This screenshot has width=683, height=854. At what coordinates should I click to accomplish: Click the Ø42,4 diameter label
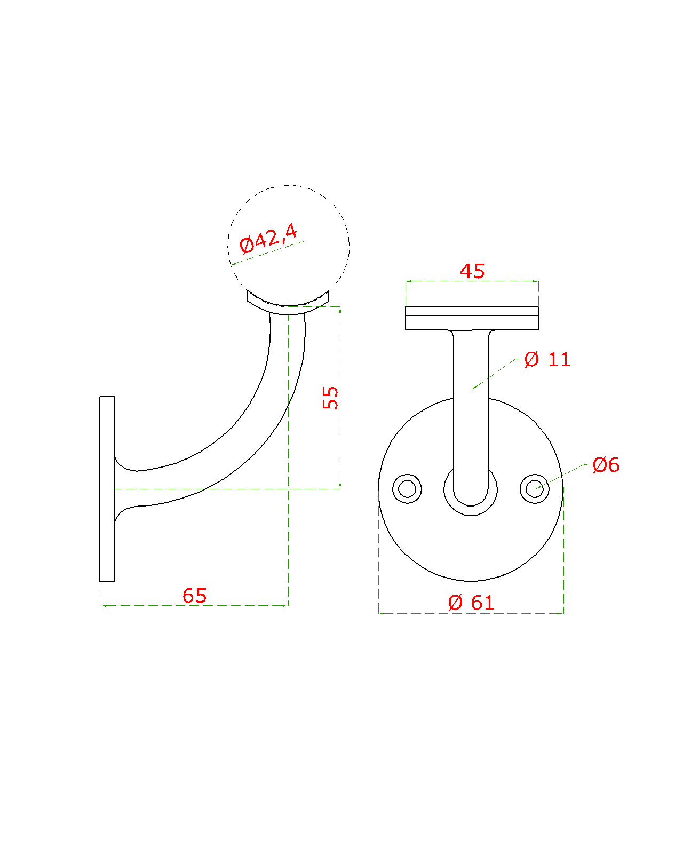pyautogui.click(x=268, y=239)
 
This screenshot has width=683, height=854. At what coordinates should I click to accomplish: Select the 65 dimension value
pyautogui.click(x=194, y=596)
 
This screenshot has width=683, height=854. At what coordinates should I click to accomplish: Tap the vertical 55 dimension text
pyautogui.click(x=331, y=398)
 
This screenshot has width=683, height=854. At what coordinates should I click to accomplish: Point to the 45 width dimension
pyautogui.click(x=472, y=271)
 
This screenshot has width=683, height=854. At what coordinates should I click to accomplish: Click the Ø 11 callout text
pyautogui.click(x=547, y=359)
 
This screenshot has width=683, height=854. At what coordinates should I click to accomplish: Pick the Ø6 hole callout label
pyautogui.click(x=606, y=465)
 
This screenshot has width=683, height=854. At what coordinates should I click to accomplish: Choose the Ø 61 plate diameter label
pyautogui.click(x=471, y=603)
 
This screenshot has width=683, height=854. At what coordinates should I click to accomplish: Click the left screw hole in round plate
pyautogui.click(x=407, y=488)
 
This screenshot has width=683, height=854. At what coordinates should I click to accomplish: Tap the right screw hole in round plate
pyautogui.click(x=535, y=488)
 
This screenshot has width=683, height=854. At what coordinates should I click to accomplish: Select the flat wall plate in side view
pyautogui.click(x=107, y=488)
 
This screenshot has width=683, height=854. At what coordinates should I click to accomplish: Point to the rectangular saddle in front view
pyautogui.click(x=472, y=318)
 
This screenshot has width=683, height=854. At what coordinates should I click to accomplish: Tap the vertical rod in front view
pyautogui.click(x=471, y=406)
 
